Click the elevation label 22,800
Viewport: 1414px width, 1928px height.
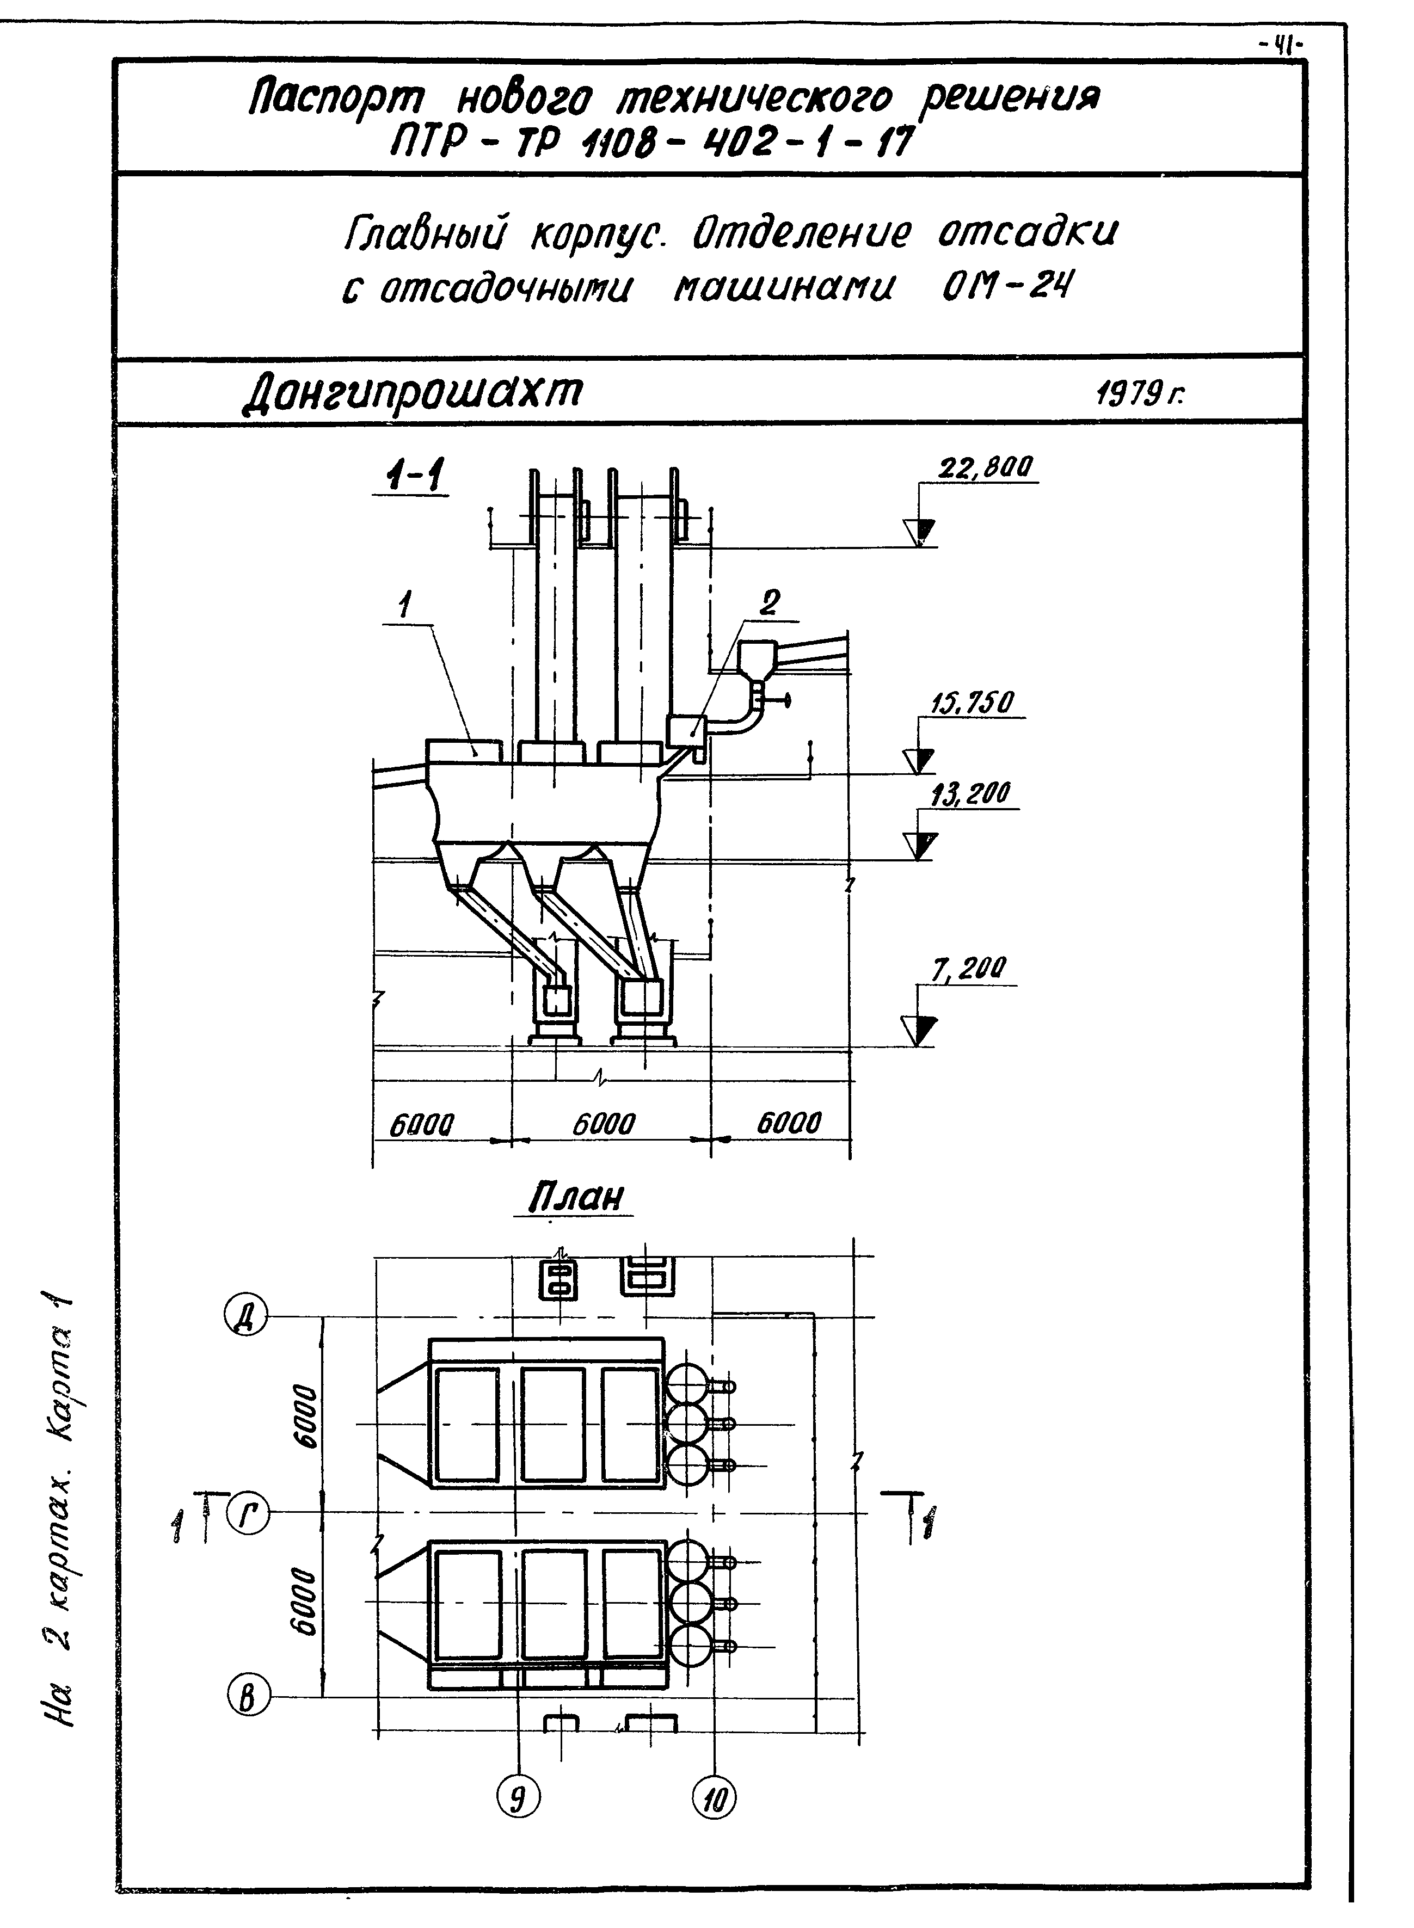tap(986, 468)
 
